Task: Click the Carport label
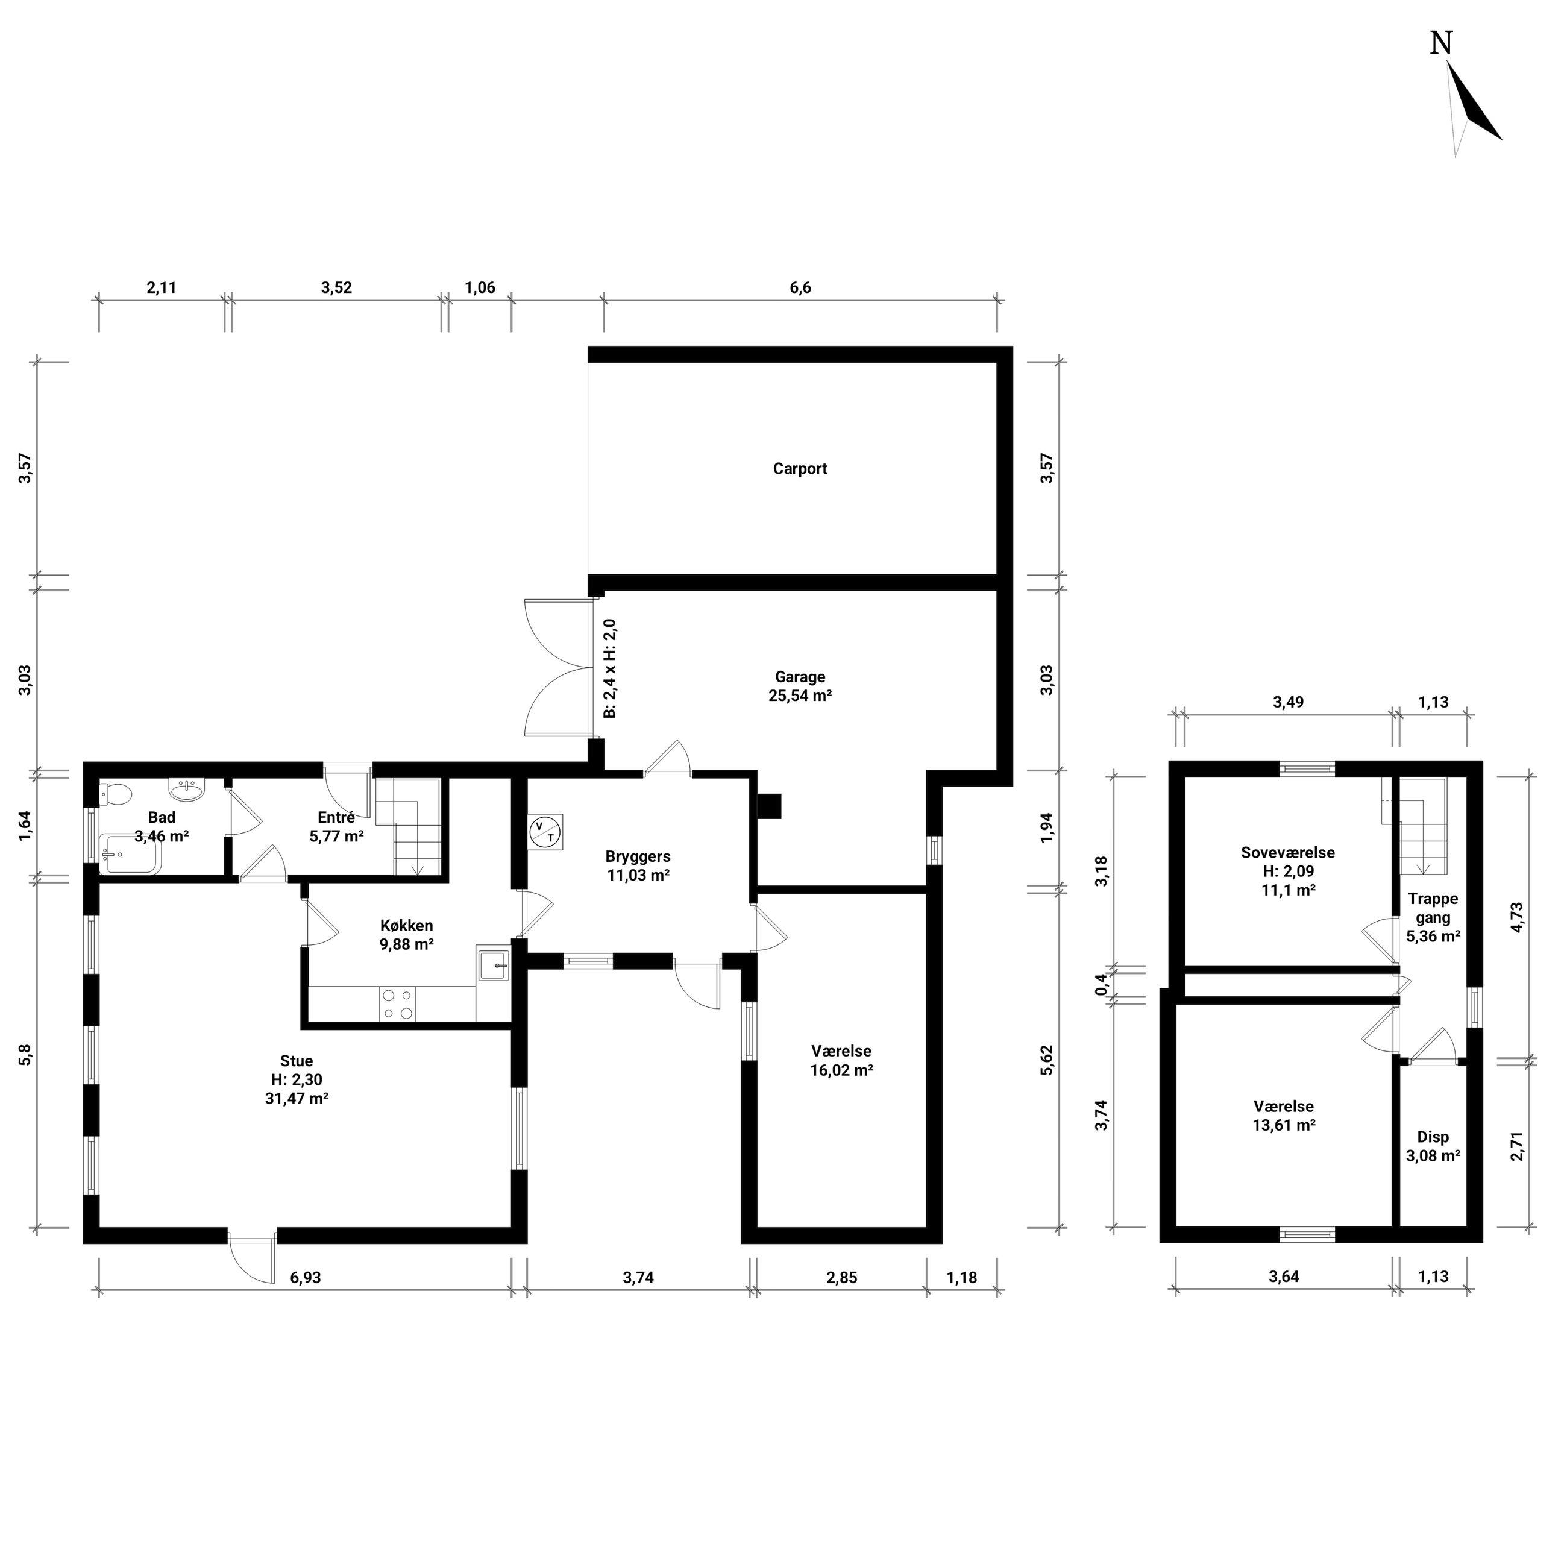[800, 469]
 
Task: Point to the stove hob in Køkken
[397, 1003]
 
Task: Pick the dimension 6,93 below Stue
[306, 1278]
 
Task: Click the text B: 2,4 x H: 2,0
[610, 668]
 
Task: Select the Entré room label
[336, 818]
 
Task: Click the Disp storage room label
[1433, 1137]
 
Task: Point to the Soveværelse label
[1288, 852]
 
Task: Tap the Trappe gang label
[1433, 908]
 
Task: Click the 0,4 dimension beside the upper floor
[1101, 985]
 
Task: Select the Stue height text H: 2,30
[297, 1079]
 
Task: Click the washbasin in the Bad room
[188, 789]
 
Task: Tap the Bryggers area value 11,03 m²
[638, 875]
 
